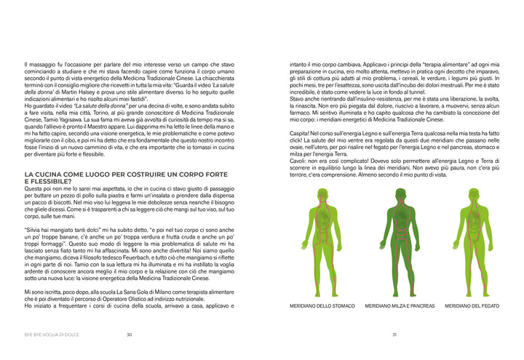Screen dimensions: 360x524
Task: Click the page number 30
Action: click(129, 335)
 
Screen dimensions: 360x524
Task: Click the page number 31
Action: click(394, 335)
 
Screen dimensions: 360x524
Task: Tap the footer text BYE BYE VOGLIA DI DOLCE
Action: click(51, 335)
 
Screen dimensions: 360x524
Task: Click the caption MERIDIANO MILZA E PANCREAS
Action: click(400, 306)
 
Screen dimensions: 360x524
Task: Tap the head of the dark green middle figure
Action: click(399, 194)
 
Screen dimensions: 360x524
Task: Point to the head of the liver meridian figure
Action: click(472, 194)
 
